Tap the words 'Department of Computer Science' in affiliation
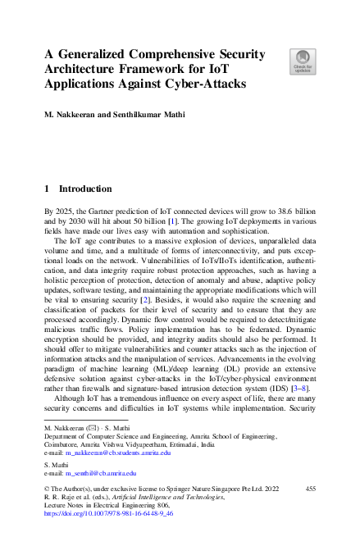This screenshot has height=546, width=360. tap(91, 437)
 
